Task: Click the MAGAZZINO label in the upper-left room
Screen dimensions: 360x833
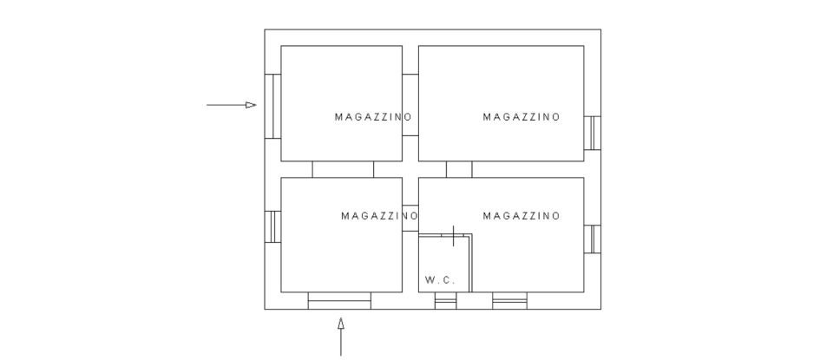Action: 373,117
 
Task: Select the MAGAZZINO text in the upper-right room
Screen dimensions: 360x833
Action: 521,117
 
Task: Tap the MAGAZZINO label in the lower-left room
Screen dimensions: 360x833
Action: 379,216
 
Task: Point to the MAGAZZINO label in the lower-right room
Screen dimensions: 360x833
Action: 521,216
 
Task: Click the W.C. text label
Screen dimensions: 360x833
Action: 440,280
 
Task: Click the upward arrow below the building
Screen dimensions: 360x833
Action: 340,336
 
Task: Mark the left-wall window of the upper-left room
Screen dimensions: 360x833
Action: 272,106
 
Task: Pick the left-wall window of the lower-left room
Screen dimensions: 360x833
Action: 272,226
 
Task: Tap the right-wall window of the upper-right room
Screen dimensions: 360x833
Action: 592,132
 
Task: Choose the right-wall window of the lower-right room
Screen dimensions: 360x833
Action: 592,239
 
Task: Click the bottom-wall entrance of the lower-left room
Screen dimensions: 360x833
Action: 339,301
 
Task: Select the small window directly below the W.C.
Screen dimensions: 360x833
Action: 445,301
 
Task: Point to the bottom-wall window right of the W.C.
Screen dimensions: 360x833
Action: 509,301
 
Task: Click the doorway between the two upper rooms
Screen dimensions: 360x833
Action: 410,105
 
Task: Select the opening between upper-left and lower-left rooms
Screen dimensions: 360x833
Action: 343,169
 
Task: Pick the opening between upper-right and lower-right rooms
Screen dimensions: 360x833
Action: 459,169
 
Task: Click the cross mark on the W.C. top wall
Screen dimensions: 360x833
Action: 453,235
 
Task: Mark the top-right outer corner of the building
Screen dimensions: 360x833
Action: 600,30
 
